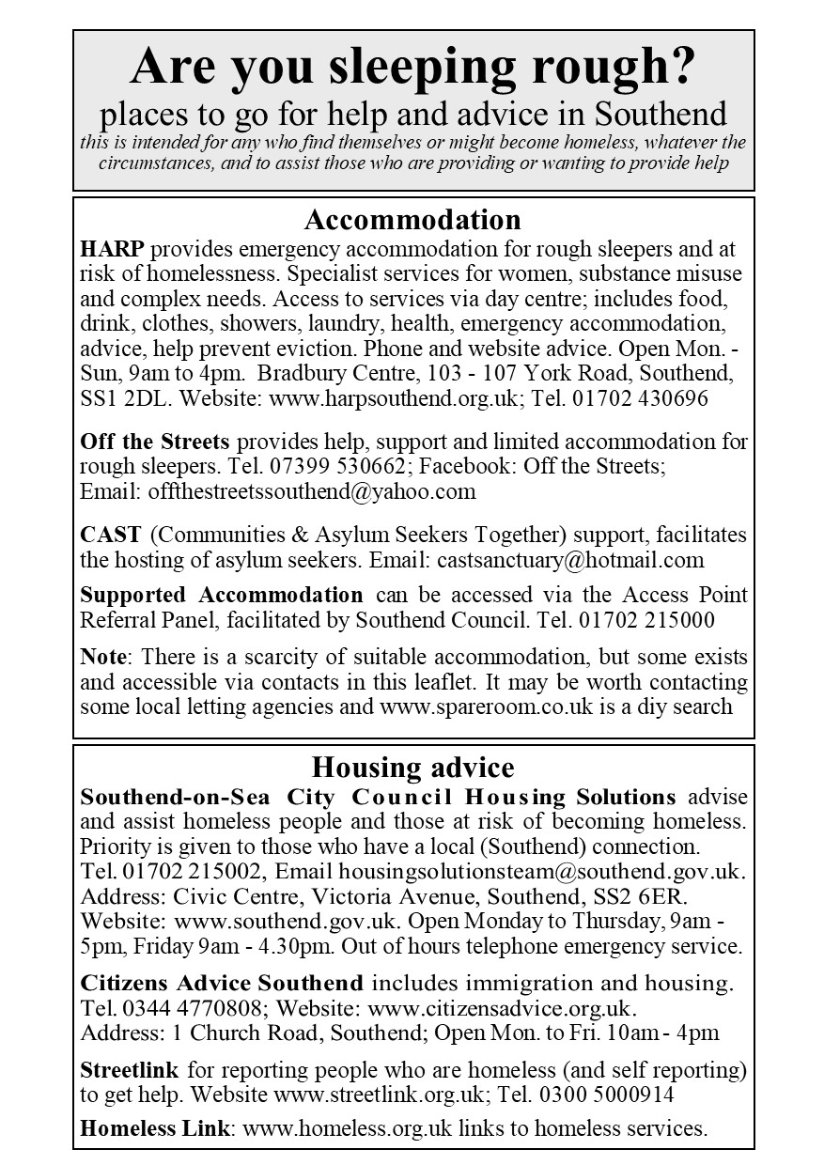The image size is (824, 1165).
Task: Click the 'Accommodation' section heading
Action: pyautogui.click(x=412, y=220)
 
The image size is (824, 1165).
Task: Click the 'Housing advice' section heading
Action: pyautogui.click(x=412, y=768)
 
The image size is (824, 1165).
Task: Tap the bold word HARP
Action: pyautogui.click(x=113, y=250)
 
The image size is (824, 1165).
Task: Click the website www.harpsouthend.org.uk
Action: pyautogui.click(x=394, y=397)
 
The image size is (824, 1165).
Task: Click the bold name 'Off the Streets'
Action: pyautogui.click(x=155, y=442)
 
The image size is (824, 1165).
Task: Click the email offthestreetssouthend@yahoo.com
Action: pyautogui.click(x=306, y=490)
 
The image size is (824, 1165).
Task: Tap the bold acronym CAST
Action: pyautogui.click(x=111, y=535)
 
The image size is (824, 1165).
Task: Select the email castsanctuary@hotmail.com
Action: pyautogui.click(x=570, y=560)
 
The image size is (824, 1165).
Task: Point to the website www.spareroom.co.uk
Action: pyautogui.click(x=485, y=706)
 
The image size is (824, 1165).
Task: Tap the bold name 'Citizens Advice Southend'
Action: pyautogui.click(x=222, y=984)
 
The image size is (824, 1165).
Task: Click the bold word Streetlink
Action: pyautogui.click(x=130, y=1069)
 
